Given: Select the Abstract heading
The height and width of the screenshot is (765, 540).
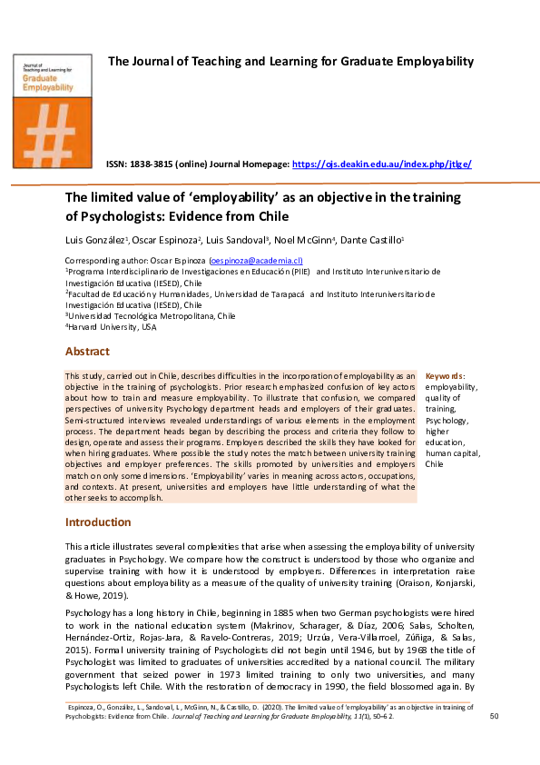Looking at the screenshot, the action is point(87,352).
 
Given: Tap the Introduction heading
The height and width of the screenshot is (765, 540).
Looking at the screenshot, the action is point(98,522).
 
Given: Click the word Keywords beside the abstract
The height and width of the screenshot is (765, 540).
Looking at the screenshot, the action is point(445,375).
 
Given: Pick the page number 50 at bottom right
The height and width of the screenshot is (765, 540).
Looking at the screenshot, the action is point(495,717).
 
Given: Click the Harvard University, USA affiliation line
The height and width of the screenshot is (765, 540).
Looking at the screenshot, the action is point(111,327).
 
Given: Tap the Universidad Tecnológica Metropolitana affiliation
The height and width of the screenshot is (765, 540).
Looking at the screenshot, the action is point(151,316).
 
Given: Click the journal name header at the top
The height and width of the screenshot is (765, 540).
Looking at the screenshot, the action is point(291,62).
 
